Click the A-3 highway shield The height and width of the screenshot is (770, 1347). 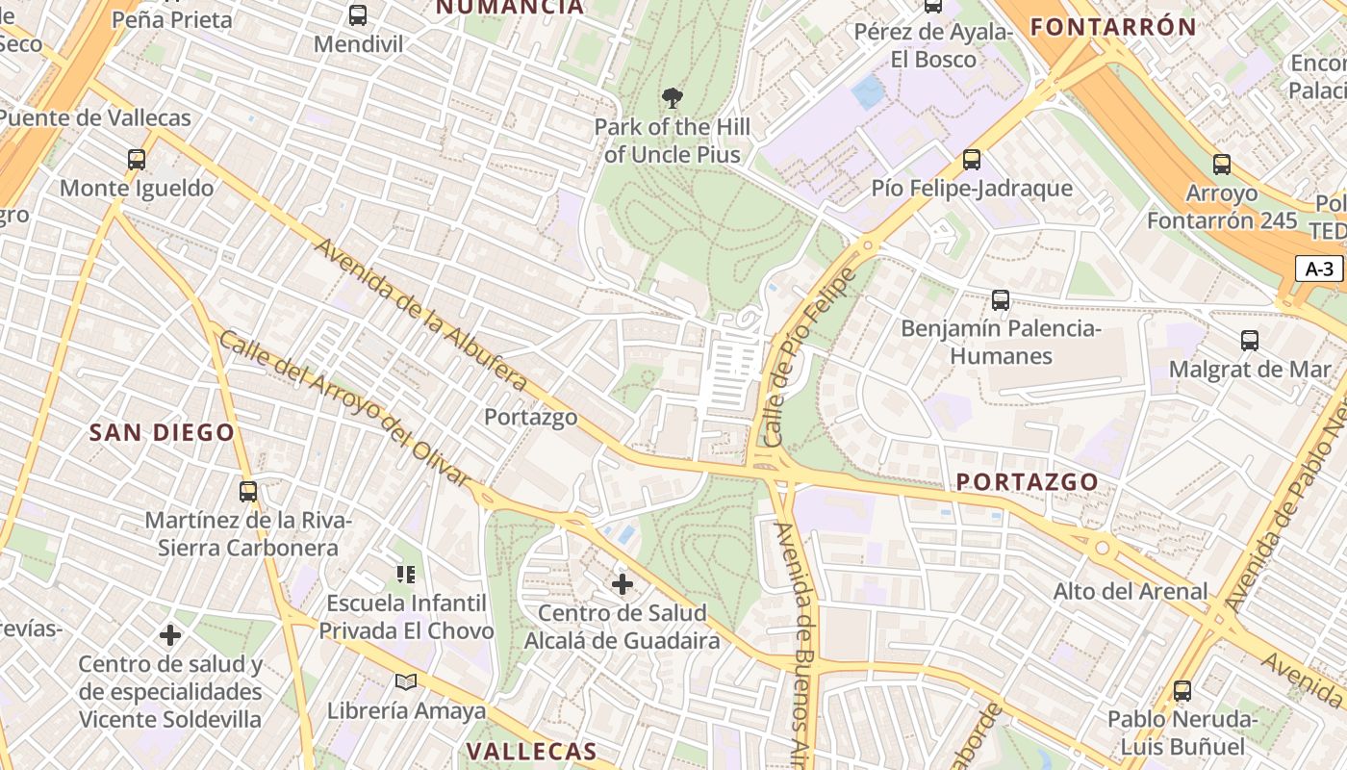pos(1318,269)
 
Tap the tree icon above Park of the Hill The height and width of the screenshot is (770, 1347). pos(673,97)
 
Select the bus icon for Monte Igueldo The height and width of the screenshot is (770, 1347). pos(137,160)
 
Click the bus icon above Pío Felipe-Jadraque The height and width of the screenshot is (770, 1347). pos(972,160)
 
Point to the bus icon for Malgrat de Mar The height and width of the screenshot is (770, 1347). pos(1250,341)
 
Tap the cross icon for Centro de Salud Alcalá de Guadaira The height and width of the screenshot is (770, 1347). pos(623,584)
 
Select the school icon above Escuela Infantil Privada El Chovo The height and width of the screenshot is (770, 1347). pos(406,575)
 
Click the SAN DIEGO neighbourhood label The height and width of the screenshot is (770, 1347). pos(162,433)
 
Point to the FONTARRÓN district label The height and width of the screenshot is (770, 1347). pos(1113,27)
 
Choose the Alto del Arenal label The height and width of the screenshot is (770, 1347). pos(1131,591)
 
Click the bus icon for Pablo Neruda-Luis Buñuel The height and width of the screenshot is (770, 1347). pos(1182,691)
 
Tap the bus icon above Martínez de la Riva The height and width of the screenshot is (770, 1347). pos(248,492)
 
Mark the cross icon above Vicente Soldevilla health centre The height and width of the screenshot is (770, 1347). pos(170,635)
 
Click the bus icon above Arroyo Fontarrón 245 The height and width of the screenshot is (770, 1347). pos(1222,165)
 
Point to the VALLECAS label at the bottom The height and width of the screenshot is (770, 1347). pos(531,752)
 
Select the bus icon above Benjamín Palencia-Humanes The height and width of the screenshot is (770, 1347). pos(1001,300)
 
